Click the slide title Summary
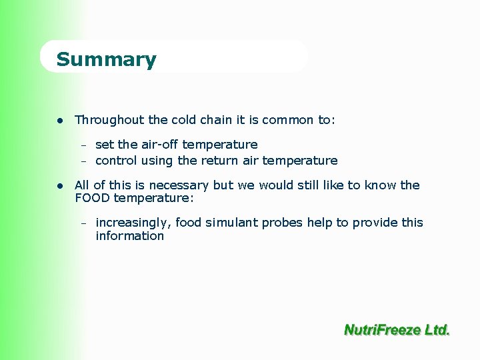tap(106, 59)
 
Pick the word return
tap(217, 161)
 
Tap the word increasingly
tap(133, 223)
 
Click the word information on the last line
tap(129, 236)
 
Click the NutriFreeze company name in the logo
tap(382, 329)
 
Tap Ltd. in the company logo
tap(437, 329)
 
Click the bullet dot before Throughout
tap(60, 121)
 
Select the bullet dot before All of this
tap(60, 186)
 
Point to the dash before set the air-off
tap(85, 145)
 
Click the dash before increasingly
tap(85, 223)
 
